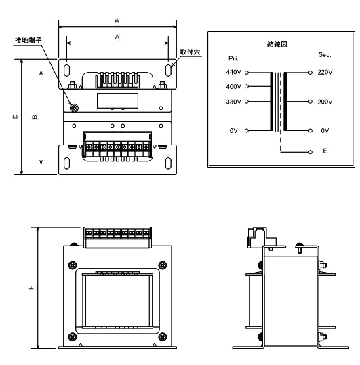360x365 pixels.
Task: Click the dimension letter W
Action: pyautogui.click(x=117, y=21)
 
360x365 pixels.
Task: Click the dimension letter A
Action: pyautogui.click(x=117, y=37)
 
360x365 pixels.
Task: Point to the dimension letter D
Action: pyautogui.click(x=16, y=117)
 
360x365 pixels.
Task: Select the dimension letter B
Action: pyautogui.click(x=35, y=117)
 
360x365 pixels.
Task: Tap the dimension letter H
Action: pyautogui.click(x=32, y=288)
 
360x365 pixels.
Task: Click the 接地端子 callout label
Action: pyautogui.click(x=28, y=40)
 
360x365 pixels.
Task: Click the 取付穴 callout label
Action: pyautogui.click(x=190, y=52)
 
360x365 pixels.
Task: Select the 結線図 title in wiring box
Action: pyautogui.click(x=277, y=44)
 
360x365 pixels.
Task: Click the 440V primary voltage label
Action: pyautogui.click(x=233, y=72)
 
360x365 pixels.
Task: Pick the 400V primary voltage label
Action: pyautogui.click(x=233, y=87)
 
